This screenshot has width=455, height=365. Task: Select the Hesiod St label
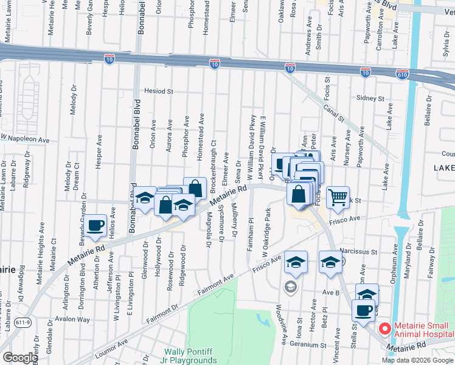pos(159,91)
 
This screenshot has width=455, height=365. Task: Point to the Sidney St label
pos(370,98)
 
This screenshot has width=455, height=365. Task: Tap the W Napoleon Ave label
pos(25,139)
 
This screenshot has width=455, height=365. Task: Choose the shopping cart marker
pos(337,196)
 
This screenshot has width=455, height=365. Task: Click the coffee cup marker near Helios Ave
pos(96,225)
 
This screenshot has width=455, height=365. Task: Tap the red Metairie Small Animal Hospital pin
pos(384,328)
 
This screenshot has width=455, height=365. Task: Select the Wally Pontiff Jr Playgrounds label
pos(190,356)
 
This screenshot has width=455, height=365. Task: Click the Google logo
pos(19,357)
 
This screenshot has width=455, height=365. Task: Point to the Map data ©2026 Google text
pos(417,360)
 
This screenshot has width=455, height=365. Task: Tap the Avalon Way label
pos(74,319)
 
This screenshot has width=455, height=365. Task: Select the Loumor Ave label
pos(111,342)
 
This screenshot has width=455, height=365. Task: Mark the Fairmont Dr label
pos(161,317)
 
